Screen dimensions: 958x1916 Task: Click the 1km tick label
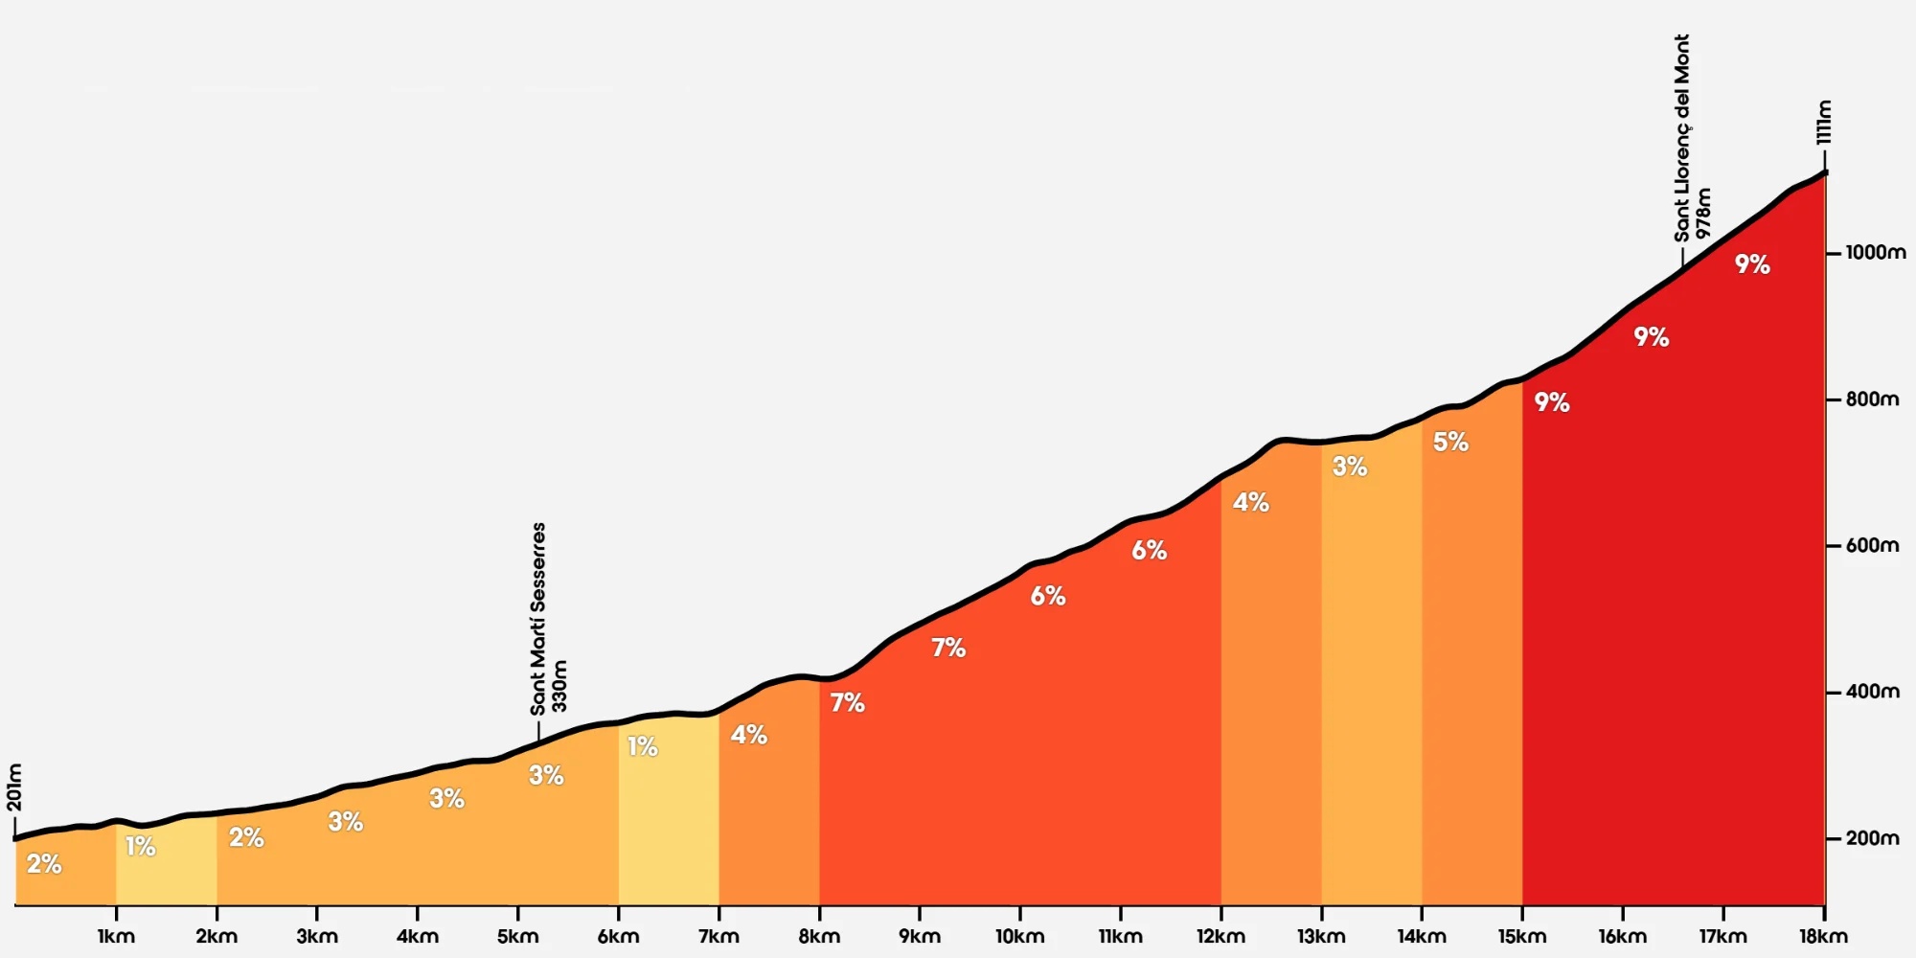coord(116,936)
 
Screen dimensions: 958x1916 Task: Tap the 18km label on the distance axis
coord(1823,936)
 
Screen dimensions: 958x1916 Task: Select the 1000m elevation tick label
coord(1876,253)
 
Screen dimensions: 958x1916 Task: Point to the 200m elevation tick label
coord(1872,838)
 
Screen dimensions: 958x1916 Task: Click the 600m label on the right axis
coord(1872,545)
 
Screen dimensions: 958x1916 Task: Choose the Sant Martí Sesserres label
coord(538,619)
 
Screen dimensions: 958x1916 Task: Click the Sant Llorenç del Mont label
coord(1682,138)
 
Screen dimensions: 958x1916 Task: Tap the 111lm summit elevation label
coord(1824,123)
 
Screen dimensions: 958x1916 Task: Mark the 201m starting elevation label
coord(15,787)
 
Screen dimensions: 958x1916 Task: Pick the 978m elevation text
coord(1703,214)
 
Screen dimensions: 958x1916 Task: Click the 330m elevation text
coord(560,686)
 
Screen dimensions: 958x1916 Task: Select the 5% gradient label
coord(1450,442)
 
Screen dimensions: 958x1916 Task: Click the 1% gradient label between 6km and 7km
coord(643,746)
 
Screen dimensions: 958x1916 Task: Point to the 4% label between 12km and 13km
coord(1251,502)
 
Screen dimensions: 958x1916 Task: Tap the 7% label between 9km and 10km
coord(948,648)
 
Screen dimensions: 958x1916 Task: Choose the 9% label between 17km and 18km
coord(1752,264)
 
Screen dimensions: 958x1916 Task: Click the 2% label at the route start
coord(44,864)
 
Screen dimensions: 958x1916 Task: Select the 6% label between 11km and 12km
coord(1150,550)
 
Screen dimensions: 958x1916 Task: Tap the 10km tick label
coord(1019,936)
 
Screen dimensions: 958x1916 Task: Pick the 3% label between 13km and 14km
coord(1350,467)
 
